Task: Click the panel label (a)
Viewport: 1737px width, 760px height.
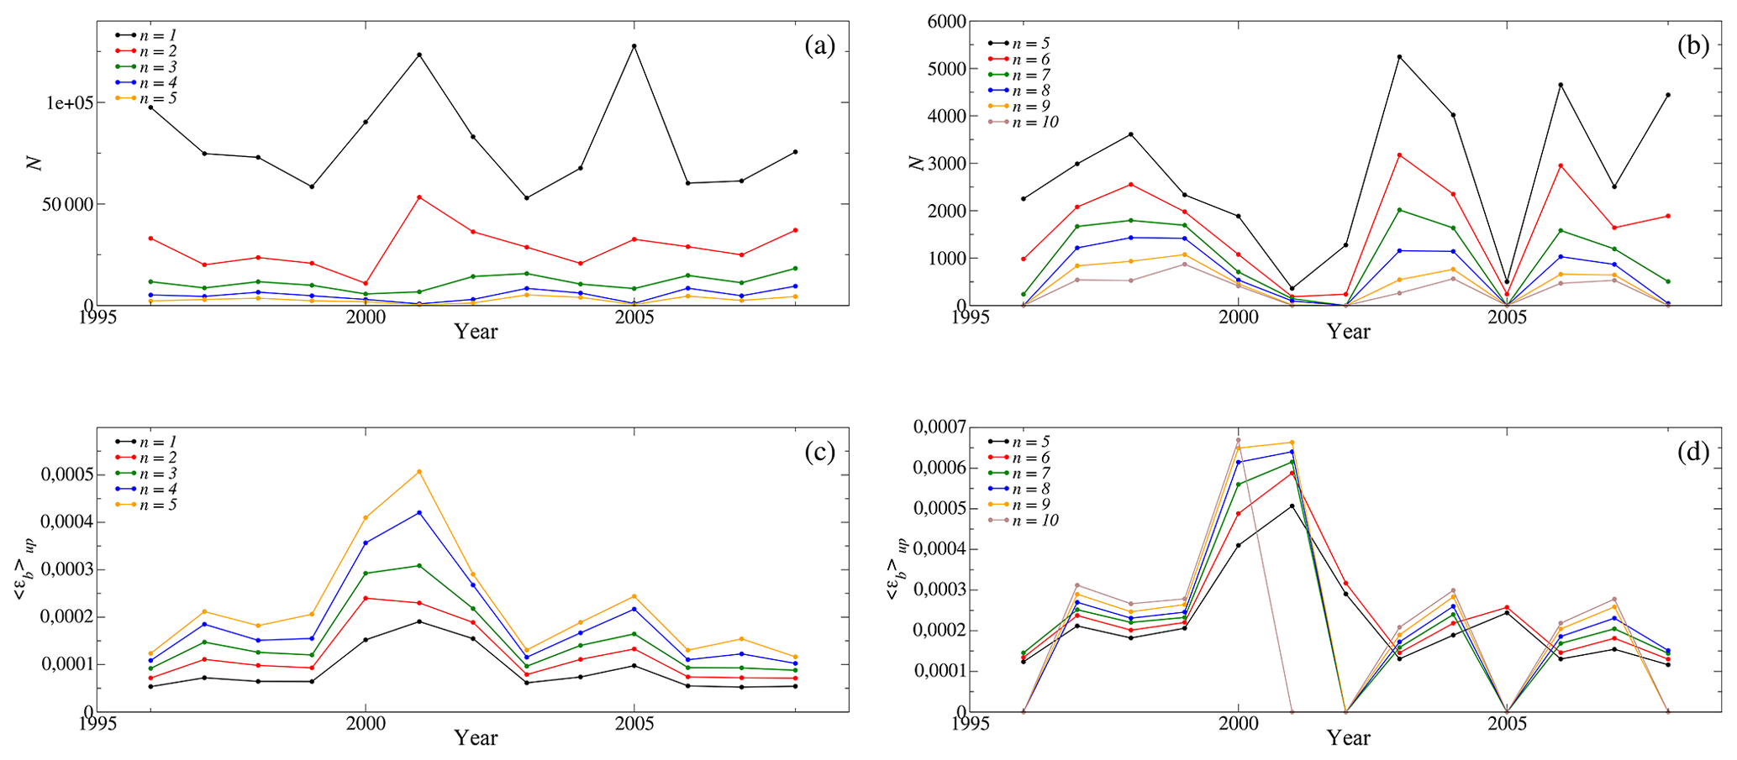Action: click(819, 46)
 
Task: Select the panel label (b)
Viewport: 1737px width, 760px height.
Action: click(1692, 46)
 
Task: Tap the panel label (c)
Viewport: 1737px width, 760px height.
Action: click(819, 453)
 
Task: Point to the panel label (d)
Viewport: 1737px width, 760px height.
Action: click(1692, 453)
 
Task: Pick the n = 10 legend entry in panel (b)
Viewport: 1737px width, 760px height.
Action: click(1036, 123)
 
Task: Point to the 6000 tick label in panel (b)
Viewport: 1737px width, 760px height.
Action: click(945, 21)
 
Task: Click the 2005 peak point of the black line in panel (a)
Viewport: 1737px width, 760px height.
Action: click(634, 46)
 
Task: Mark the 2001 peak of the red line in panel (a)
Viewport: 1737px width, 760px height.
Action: click(419, 197)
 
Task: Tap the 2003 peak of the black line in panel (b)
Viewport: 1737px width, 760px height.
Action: click(1399, 57)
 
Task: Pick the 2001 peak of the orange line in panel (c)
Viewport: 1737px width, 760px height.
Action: click(419, 472)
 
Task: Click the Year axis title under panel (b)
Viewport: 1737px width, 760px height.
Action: click(1348, 332)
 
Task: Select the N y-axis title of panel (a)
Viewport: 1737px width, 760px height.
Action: click(34, 163)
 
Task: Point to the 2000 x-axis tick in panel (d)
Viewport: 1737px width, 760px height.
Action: click(1238, 723)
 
